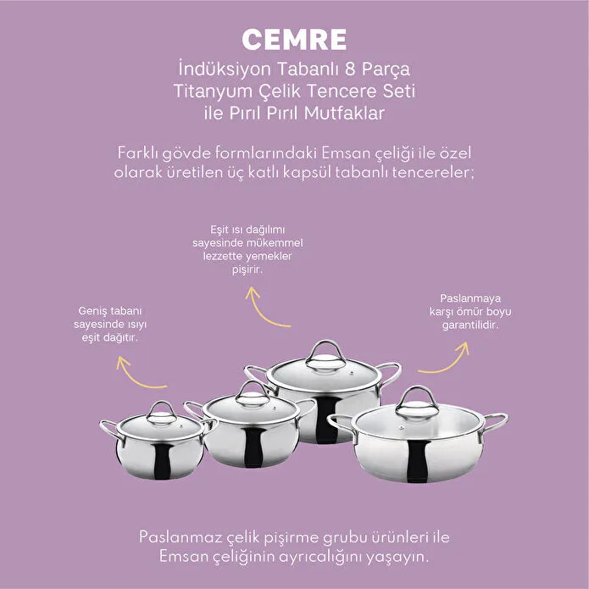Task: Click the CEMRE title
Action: tap(294, 40)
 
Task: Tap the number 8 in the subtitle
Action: tap(350, 69)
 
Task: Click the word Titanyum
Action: tap(213, 92)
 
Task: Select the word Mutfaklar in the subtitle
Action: tap(344, 113)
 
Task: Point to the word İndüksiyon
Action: tap(225, 69)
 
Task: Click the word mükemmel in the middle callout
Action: tap(275, 242)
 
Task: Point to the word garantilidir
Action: tap(470, 325)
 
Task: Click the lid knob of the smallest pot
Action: tap(161, 413)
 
